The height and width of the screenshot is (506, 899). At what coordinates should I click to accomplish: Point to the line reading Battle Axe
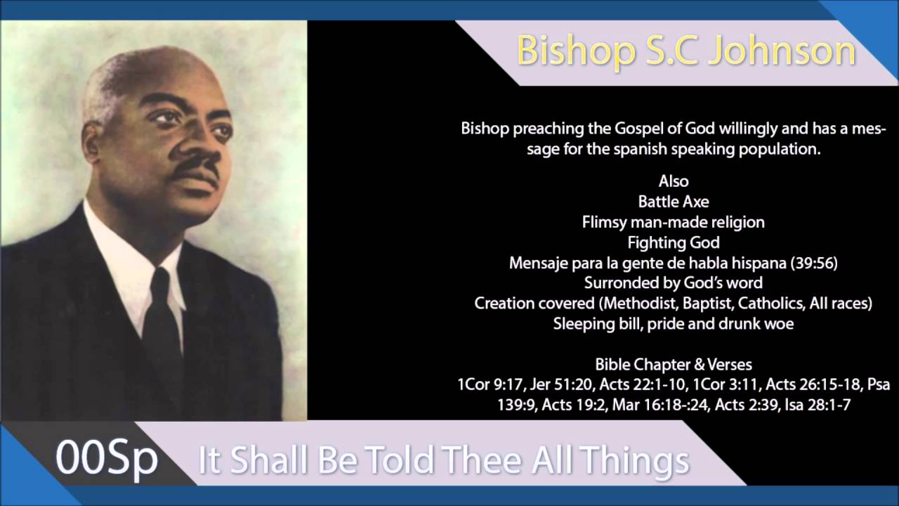[674, 202]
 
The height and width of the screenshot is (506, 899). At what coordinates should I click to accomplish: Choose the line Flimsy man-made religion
[674, 222]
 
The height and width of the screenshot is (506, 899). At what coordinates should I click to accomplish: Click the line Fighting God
[674, 242]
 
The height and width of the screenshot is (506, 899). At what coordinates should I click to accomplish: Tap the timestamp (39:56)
[813, 263]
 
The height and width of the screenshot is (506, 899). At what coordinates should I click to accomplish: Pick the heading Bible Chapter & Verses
[674, 365]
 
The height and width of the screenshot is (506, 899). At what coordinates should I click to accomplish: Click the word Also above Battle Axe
[674, 181]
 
